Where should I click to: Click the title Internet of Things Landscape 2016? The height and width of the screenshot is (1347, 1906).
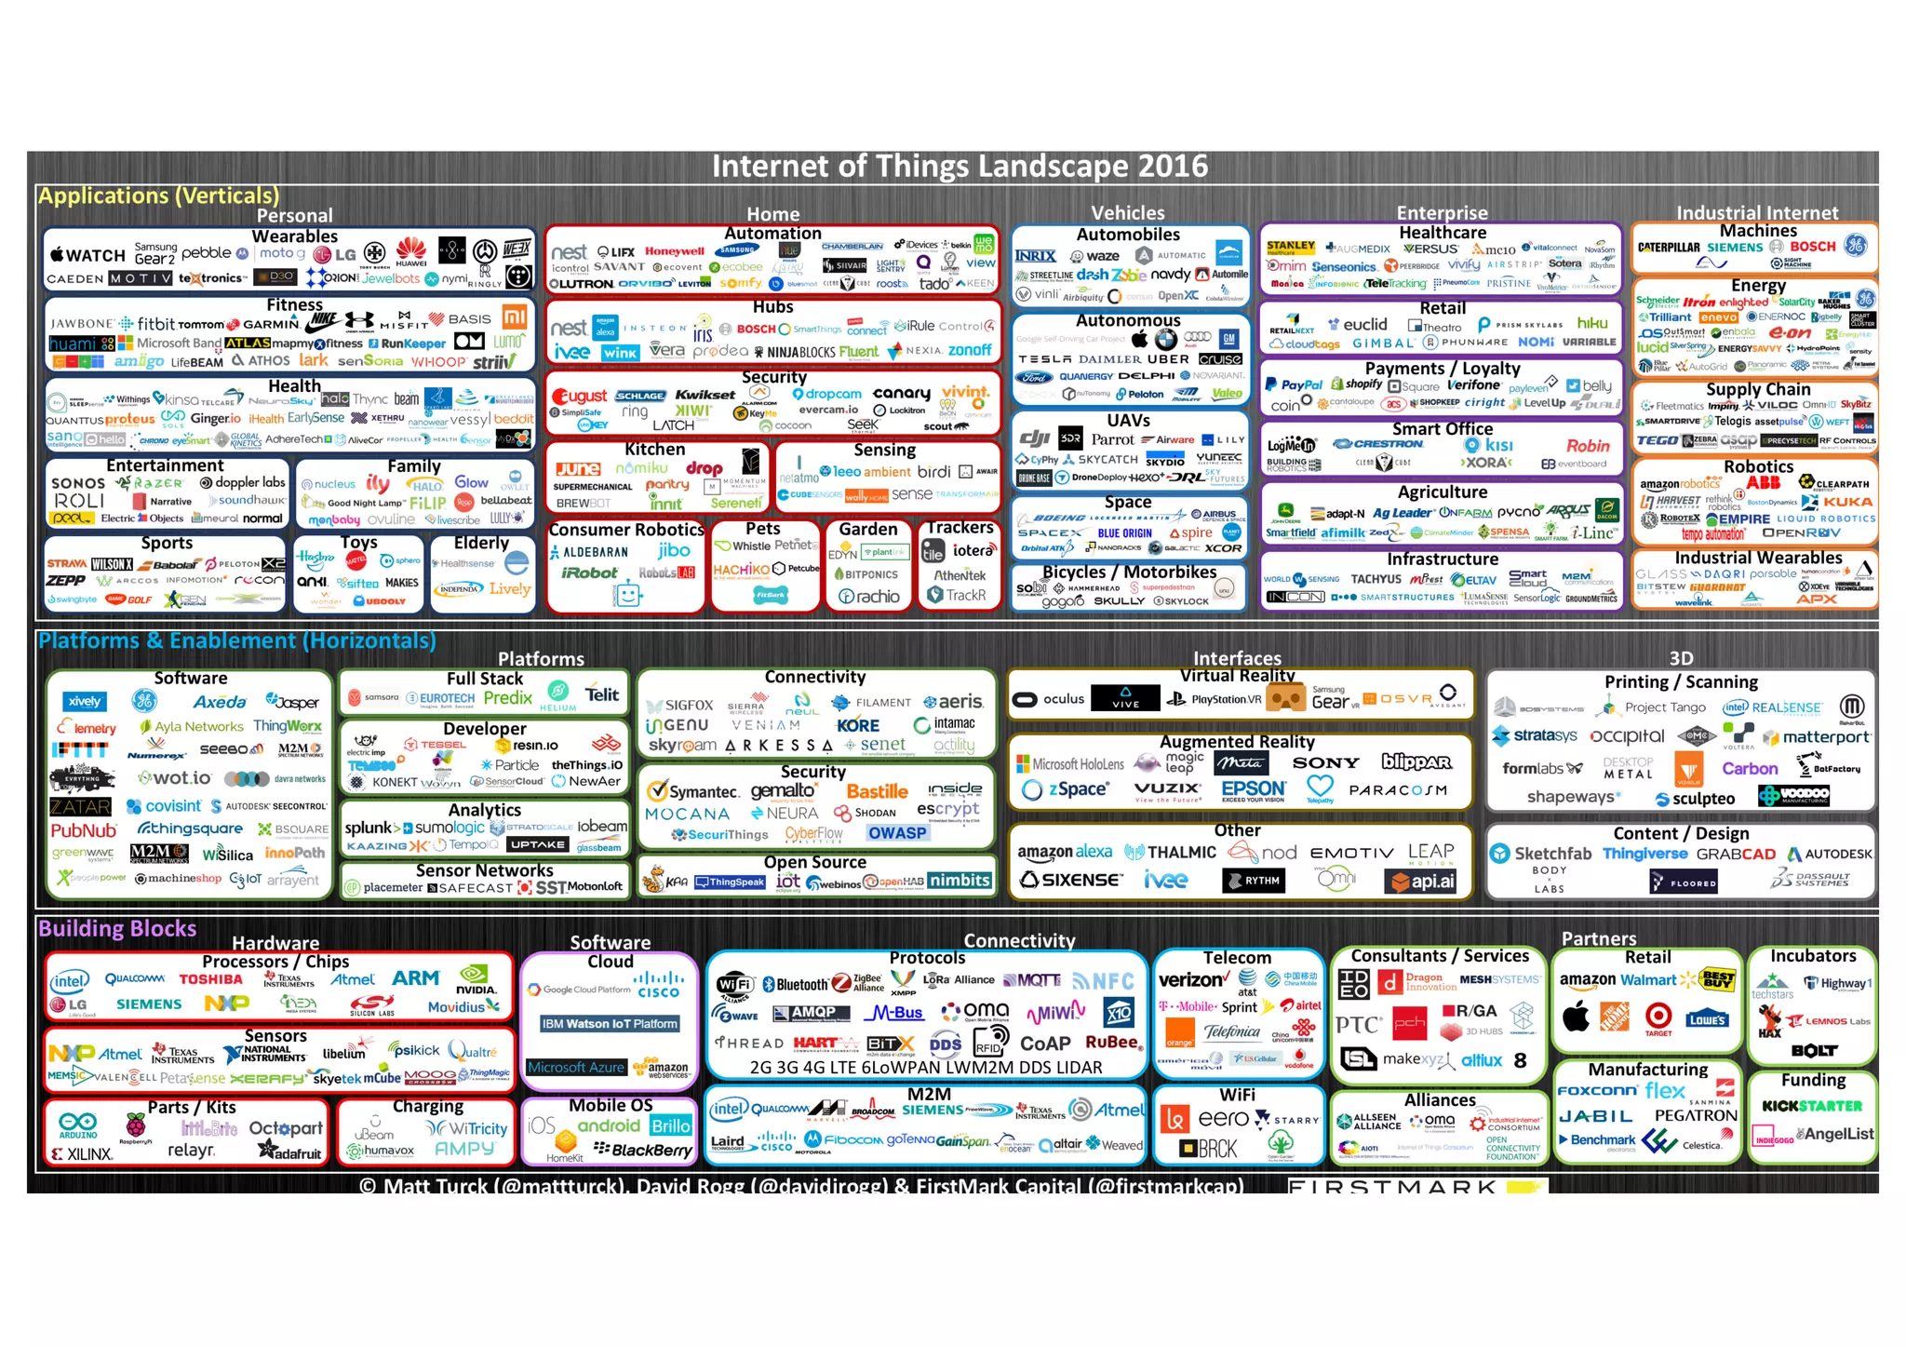(960, 167)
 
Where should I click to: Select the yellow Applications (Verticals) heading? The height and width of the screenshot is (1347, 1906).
(158, 195)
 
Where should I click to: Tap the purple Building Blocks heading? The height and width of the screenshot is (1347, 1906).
(117, 928)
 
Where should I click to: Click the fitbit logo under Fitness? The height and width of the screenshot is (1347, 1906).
(155, 324)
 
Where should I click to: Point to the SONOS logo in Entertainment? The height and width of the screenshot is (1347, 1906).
(78, 483)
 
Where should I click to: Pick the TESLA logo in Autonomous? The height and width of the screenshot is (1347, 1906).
(1044, 359)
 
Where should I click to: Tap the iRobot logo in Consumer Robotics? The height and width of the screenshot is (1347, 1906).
(588, 573)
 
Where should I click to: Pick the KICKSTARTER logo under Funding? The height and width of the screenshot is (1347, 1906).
(1811, 1106)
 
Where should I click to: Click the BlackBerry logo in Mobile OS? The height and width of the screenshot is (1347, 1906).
(644, 1151)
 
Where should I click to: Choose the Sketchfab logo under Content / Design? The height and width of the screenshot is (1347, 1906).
(1541, 854)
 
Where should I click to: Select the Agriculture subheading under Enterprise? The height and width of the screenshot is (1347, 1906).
(1442, 492)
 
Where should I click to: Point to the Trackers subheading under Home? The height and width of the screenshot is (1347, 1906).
(960, 528)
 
